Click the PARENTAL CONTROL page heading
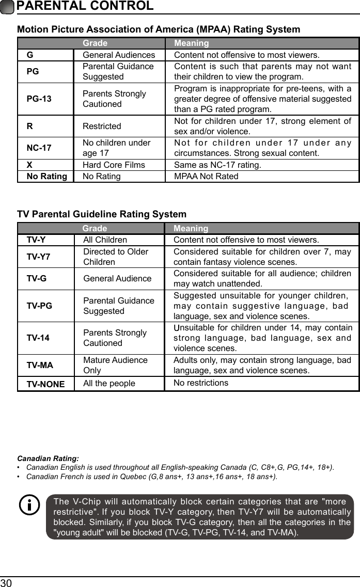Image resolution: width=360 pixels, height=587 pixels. click(85, 6)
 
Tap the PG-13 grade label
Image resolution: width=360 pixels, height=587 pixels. click(39, 99)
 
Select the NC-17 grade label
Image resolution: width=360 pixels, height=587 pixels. click(39, 148)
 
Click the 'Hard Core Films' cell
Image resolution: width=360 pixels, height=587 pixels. click(114, 165)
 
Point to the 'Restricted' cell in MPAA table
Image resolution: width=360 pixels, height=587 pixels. click(102, 126)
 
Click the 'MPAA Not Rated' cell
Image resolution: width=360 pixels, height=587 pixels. click(206, 177)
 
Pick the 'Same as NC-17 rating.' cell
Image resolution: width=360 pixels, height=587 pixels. click(217, 165)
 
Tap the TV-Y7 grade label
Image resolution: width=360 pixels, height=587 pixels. click(39, 257)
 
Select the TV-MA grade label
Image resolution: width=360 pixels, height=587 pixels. click(40, 365)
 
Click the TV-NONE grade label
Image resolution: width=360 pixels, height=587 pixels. click(45, 384)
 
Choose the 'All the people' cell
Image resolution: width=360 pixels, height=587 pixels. click(109, 384)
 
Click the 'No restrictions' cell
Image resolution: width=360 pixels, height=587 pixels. click(200, 383)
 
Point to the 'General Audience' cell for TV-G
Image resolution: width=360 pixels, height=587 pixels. click(117, 279)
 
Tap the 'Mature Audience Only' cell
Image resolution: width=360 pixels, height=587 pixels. click(115, 365)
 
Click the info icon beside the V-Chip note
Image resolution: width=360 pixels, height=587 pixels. click(29, 505)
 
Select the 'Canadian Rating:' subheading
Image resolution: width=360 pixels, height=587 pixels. click(48, 458)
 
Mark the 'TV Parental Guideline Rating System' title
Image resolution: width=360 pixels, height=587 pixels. click(102, 214)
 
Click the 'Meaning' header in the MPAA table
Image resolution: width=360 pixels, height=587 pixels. click(191, 43)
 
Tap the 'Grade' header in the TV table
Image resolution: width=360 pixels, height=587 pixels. click(95, 228)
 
